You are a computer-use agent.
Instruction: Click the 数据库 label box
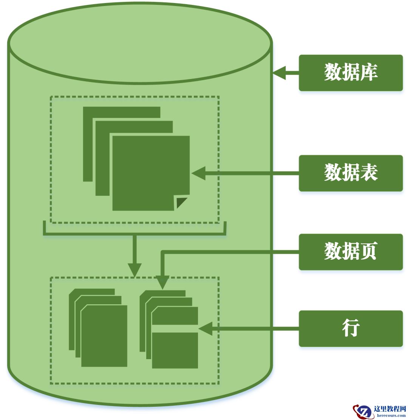(x=351, y=73)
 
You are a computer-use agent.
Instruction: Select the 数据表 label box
(x=351, y=173)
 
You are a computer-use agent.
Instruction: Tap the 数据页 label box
(x=351, y=252)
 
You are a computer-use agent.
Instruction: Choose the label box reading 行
(x=351, y=329)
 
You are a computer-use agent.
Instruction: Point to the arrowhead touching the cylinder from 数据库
(x=280, y=73)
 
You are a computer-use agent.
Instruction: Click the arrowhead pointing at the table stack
(x=199, y=173)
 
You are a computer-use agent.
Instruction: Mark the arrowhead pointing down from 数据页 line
(x=162, y=283)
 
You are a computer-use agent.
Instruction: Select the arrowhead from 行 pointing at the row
(x=206, y=329)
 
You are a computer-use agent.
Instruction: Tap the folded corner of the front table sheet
(x=181, y=203)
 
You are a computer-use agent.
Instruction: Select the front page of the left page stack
(x=104, y=336)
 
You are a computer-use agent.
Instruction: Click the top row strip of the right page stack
(x=175, y=316)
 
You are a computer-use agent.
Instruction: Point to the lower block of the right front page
(x=175, y=350)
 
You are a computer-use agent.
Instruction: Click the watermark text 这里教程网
(x=389, y=409)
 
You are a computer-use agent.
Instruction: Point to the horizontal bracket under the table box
(x=134, y=234)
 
